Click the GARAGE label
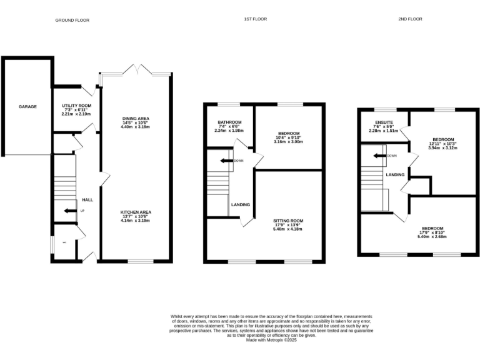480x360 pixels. [27, 107]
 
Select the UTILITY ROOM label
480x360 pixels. [76, 106]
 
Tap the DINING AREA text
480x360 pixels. [135, 118]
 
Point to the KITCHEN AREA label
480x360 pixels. [135, 212]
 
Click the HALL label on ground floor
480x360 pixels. [87, 200]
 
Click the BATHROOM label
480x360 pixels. [229, 122]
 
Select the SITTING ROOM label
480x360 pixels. [287, 221]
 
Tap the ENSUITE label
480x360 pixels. [383, 122]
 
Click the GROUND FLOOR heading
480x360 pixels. [72, 20]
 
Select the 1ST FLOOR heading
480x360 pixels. [255, 19]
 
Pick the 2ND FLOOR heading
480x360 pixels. [410, 19]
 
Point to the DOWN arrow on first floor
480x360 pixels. [223, 161]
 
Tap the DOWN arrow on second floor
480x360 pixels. [378, 156]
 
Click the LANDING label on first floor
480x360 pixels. [241, 205]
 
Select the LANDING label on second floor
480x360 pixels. [395, 174]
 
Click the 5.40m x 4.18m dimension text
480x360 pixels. [287, 229]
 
